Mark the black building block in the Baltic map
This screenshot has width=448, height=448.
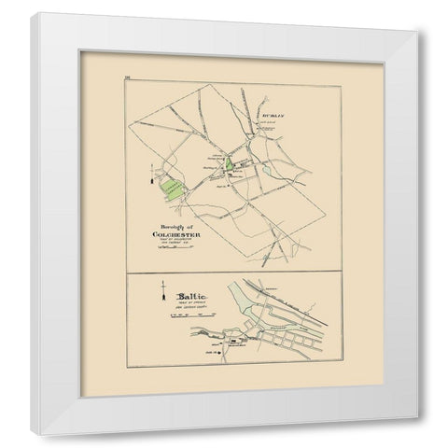click(x=229, y=341)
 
